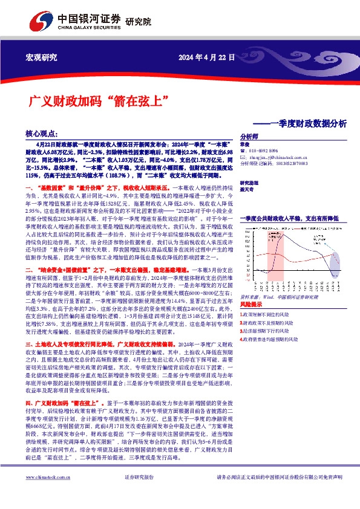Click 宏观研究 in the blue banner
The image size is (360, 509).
[x=41, y=58]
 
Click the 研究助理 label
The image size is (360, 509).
[x=249, y=182]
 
